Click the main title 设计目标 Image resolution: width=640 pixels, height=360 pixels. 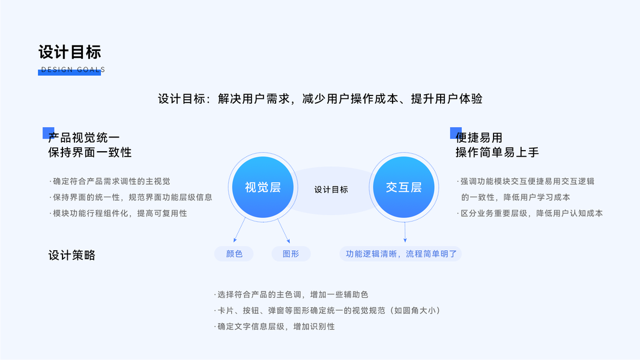pos(70,52)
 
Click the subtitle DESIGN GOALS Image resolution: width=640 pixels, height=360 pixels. pos(73,70)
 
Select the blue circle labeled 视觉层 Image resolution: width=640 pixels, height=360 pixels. pos(262,187)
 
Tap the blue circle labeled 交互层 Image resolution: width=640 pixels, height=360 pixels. pos(403,187)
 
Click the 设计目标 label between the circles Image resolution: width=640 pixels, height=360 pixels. pos(331,190)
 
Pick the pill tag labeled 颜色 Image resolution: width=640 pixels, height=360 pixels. pos(234,254)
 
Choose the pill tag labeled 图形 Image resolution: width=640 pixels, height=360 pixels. pos(291,254)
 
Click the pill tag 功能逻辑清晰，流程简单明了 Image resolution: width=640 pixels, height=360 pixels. pos(401,254)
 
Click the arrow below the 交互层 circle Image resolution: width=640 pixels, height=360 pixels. pos(405,231)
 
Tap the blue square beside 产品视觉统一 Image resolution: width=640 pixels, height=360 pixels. pos(48,133)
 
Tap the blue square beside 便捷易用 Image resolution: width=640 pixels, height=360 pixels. pos(456,133)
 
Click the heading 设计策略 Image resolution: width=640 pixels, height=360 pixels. pos(71,255)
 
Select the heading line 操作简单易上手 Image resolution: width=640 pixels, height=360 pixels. pos(497,152)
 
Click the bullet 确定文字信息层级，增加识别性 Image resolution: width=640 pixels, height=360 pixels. pos(274,326)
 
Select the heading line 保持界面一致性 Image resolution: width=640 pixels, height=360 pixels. pos(89,152)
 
